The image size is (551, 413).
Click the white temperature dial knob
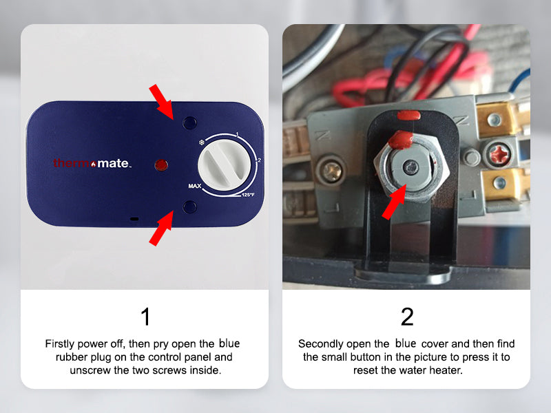pos(225,165)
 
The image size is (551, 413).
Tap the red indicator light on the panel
pos(161,165)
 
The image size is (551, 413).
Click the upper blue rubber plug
pos(190,123)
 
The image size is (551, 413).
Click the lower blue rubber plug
pos(190,207)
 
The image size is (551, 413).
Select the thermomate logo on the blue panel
pos(92,163)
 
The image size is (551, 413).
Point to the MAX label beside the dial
pos(195,186)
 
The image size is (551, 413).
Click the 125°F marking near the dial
pos(248,195)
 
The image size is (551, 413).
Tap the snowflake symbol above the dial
pos(202,142)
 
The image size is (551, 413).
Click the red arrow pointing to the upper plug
pos(161,102)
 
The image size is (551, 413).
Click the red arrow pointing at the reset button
pos(394,202)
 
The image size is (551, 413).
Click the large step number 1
pos(145,317)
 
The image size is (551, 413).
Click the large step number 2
pos(407,317)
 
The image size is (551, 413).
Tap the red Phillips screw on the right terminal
pos(499,154)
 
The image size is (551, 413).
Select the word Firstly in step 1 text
pos(59,343)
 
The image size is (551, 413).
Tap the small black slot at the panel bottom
pos(134,219)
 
